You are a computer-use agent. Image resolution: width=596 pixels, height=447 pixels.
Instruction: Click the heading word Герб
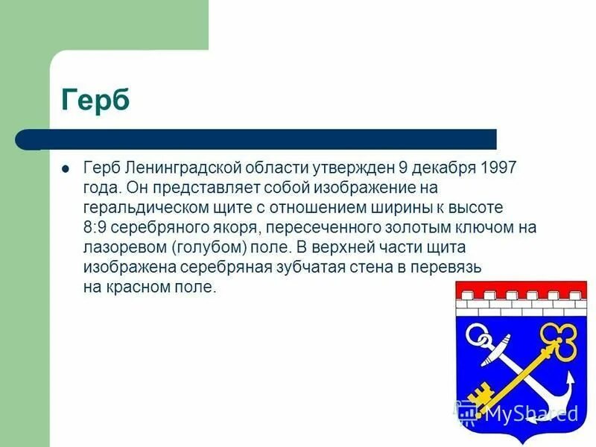(x=95, y=99)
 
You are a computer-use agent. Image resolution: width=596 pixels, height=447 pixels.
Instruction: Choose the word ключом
(x=448, y=226)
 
